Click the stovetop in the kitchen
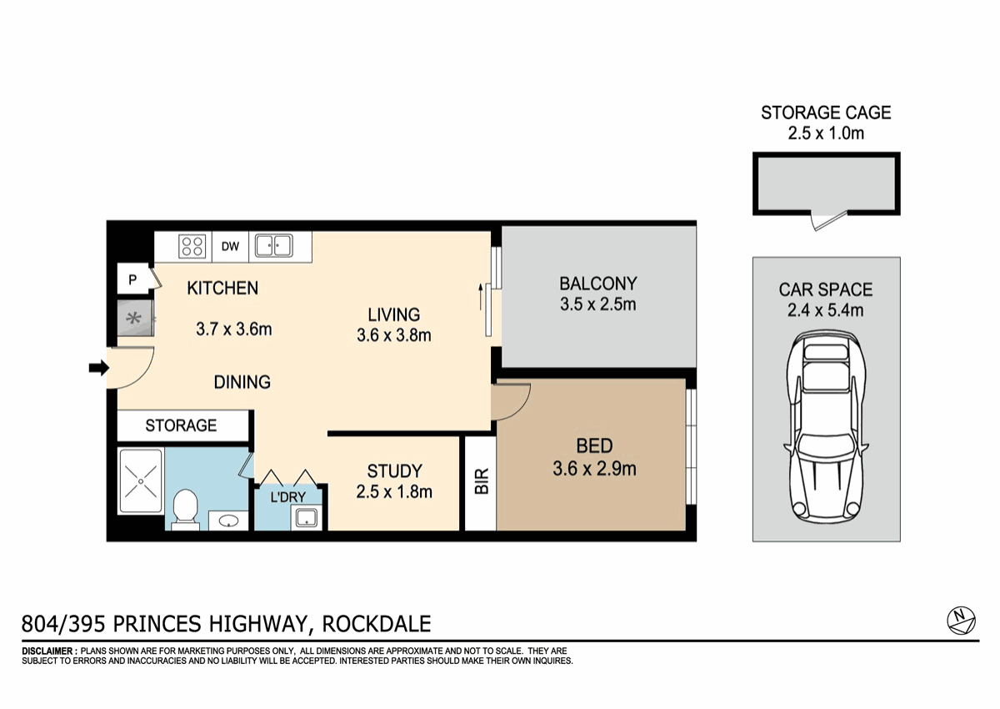click(193, 246)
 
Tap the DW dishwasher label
click(231, 246)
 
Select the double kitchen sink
click(273, 246)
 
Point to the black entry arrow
click(99, 367)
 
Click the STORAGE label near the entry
click(181, 425)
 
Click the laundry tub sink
click(307, 517)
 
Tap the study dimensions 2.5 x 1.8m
click(394, 492)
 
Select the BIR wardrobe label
click(481, 481)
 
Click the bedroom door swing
click(510, 400)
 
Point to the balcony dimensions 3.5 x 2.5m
click(597, 304)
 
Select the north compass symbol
click(962, 619)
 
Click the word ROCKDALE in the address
click(377, 623)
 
